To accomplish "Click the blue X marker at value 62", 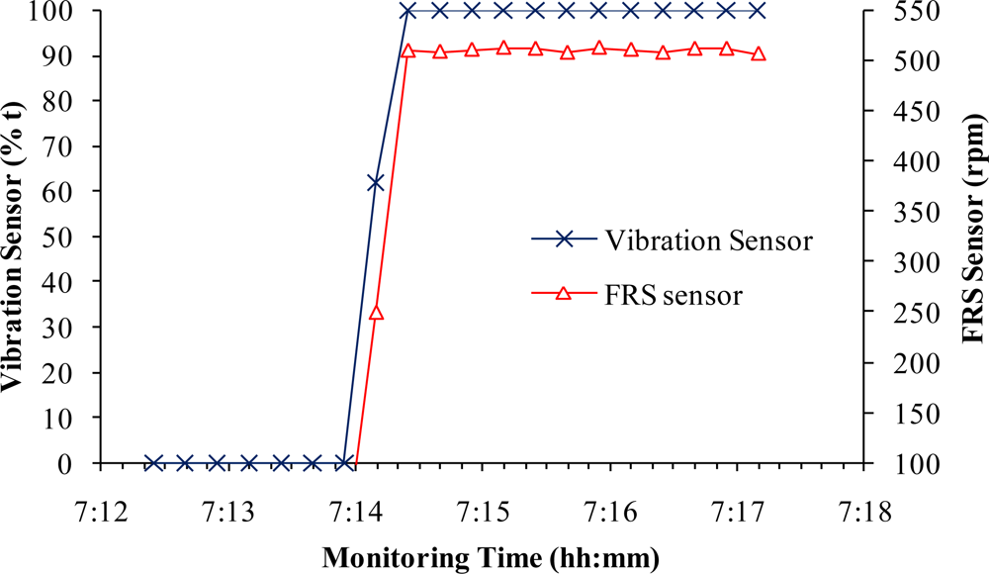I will click(376, 182).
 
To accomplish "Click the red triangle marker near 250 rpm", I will click(376, 313).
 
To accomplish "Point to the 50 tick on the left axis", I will click(70, 237).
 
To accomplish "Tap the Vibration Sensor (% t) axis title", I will click(18, 238).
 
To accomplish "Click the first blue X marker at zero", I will click(153, 463).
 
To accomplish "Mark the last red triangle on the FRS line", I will click(759, 53).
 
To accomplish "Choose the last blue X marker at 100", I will click(759, 11).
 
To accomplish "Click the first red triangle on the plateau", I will click(407, 50).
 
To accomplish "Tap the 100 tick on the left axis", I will click(65, 11).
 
